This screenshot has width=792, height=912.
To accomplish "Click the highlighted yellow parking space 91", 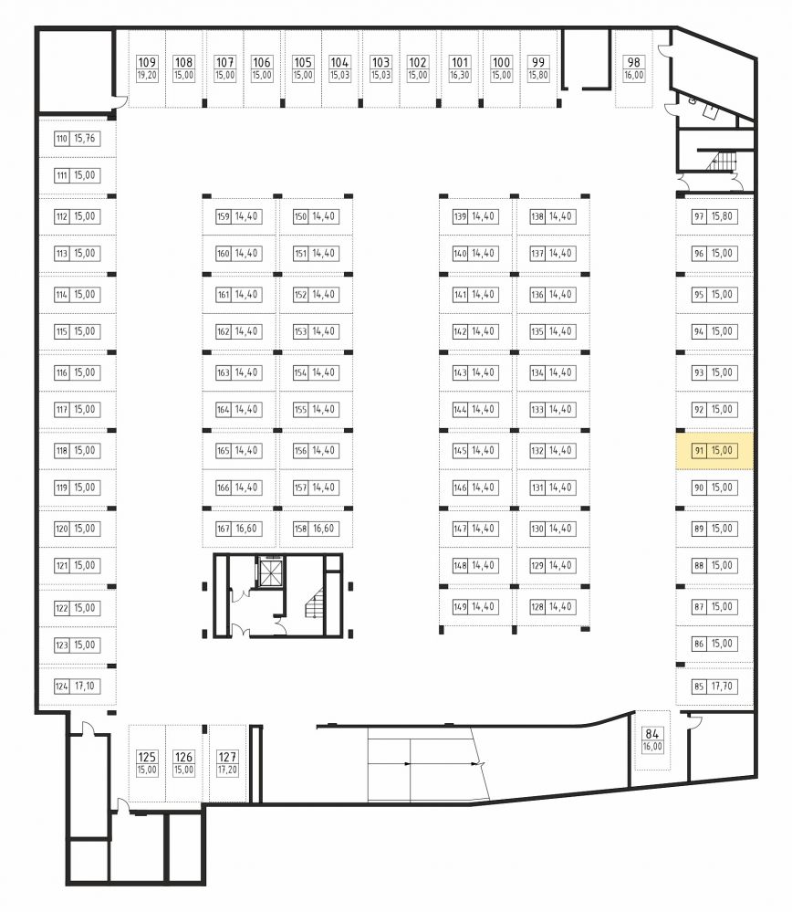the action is pos(714,451).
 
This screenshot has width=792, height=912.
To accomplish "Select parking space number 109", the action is pos(147,62).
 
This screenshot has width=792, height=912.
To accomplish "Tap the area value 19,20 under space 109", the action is pos(147,75).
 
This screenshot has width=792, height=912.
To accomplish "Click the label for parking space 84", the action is pos(651,734).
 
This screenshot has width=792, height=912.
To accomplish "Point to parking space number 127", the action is pos(227,757).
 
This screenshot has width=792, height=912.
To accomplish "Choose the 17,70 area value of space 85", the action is pos(722,687).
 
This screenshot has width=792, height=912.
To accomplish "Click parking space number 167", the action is pos(224,529).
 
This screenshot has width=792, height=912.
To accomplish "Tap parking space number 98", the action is pos(634,62).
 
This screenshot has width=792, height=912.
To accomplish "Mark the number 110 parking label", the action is pos(62,139).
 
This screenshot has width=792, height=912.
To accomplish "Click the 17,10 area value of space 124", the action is pos(84,687).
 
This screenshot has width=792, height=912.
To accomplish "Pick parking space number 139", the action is pos(460,216).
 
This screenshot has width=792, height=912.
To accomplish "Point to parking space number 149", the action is pos(460,607).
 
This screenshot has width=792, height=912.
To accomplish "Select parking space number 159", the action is pos(224,216).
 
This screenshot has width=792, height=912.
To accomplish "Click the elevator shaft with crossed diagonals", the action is pos(270,573).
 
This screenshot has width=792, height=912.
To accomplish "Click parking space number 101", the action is pos(459,62).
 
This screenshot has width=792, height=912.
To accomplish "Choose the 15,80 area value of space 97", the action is pos(722,216).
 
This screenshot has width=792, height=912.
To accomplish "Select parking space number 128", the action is pos(537,607).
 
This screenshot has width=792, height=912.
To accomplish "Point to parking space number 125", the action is pos(147,757).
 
